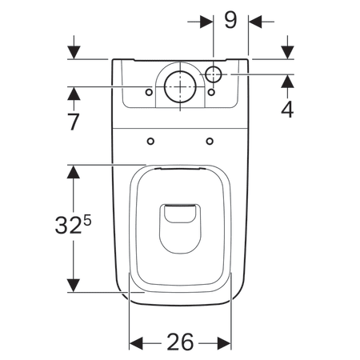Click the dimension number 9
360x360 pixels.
click(x=230, y=18)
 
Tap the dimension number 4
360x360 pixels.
click(x=287, y=109)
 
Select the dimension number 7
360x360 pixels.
click(x=74, y=122)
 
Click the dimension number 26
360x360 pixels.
click(x=181, y=342)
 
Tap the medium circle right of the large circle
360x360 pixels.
click(x=215, y=74)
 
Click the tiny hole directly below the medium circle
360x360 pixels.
click(x=211, y=92)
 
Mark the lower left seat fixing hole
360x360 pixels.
click(x=151, y=142)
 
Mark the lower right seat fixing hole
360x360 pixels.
click(x=210, y=142)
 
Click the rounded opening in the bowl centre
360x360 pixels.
click(x=179, y=226)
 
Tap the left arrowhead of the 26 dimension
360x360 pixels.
click(x=136, y=342)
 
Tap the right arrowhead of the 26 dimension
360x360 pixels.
click(x=226, y=342)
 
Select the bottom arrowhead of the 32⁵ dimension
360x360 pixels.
click(x=74, y=286)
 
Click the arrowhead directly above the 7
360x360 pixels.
click(x=74, y=94)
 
